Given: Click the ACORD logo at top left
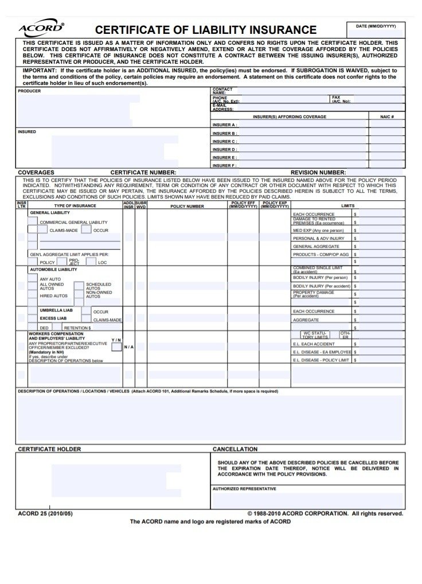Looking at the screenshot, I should (x=41, y=28).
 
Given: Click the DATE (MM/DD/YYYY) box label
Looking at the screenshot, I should (x=376, y=26).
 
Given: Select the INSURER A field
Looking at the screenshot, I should (x=302, y=124).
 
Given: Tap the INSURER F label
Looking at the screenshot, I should (x=224, y=166).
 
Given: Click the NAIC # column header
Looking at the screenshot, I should (x=387, y=116).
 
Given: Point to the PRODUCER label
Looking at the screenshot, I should (x=29, y=91).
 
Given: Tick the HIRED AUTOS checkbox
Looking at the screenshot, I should (x=33, y=296).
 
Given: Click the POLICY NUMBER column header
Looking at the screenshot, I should (x=187, y=206).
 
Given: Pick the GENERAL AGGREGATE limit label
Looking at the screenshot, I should (x=315, y=246).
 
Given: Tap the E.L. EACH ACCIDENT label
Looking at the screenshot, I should (x=314, y=344).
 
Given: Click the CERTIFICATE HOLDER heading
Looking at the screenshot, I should (x=49, y=449).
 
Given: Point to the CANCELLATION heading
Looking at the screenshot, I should (x=235, y=449).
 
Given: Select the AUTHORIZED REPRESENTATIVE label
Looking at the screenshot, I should (x=244, y=489).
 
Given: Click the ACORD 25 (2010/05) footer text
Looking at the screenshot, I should (x=46, y=514).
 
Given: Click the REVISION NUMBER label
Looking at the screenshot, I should (x=318, y=173).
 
